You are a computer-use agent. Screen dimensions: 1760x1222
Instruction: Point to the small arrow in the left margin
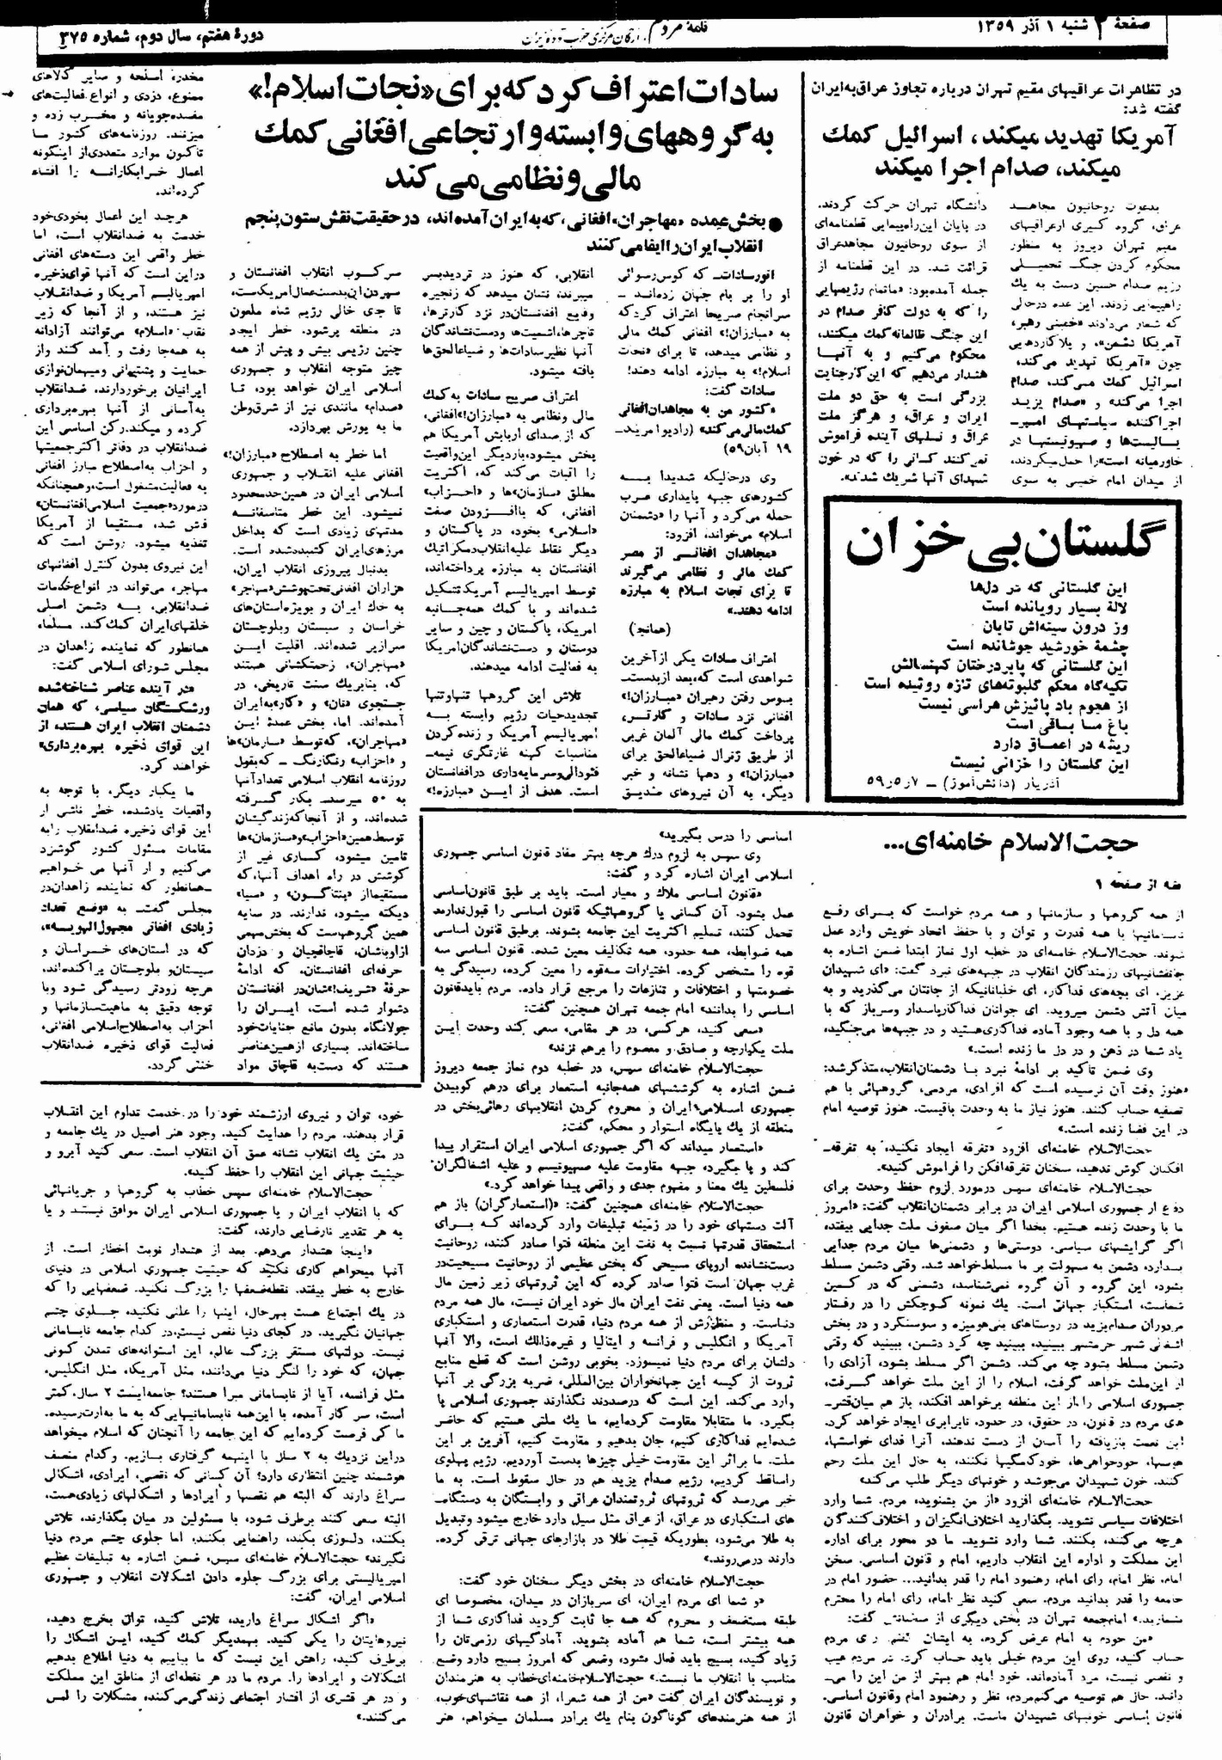9,96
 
